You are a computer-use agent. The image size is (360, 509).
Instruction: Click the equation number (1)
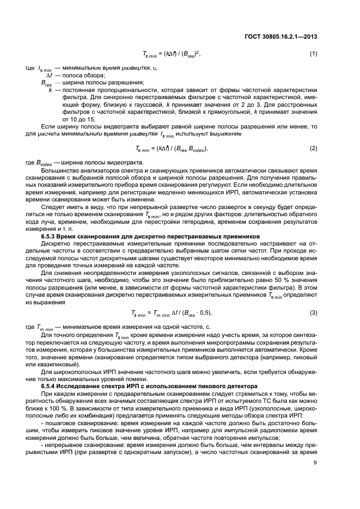[x=313, y=54]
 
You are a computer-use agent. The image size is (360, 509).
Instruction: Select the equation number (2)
[x=313, y=148]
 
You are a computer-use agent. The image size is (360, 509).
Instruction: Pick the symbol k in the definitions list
[x=50, y=89]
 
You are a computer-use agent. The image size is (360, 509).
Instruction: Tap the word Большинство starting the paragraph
[x=59, y=170]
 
